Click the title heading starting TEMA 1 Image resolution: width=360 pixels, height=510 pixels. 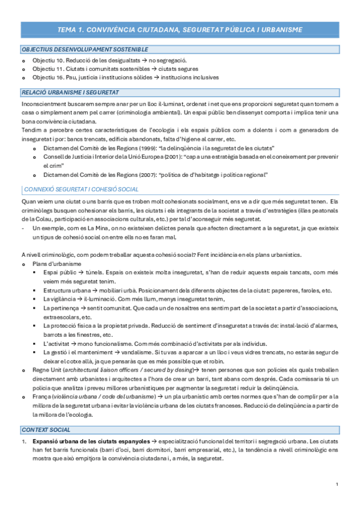pyautogui.click(x=180, y=29)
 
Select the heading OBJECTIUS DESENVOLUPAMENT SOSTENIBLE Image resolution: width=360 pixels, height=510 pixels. pyautogui.click(x=85, y=49)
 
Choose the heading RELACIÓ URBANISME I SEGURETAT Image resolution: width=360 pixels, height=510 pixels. pyautogui.click(x=70, y=93)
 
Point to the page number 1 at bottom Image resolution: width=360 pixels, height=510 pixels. pyautogui.click(x=337, y=485)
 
